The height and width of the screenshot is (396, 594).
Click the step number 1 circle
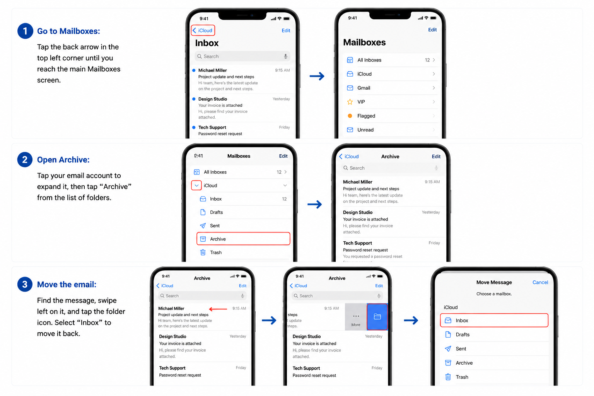(x=25, y=31)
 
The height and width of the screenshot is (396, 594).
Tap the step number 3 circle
(x=25, y=284)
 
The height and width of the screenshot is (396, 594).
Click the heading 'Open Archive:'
(x=63, y=160)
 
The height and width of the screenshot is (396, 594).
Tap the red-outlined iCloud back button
(x=203, y=30)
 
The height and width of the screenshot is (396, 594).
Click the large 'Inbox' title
(x=207, y=43)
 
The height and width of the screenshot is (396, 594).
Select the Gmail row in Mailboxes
(x=391, y=88)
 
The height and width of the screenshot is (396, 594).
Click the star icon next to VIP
(x=350, y=102)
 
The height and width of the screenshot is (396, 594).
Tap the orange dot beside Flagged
(x=350, y=116)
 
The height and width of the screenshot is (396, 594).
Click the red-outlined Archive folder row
(x=243, y=239)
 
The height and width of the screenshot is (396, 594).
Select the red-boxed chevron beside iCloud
(x=196, y=185)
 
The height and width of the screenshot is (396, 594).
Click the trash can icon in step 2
(x=203, y=252)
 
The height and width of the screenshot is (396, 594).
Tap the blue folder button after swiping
(x=377, y=317)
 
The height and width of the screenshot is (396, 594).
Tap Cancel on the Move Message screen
(x=540, y=282)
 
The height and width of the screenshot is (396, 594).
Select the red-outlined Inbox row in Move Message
(x=494, y=320)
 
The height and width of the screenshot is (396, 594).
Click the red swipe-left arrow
(x=218, y=309)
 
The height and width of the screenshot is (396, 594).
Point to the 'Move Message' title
(x=494, y=282)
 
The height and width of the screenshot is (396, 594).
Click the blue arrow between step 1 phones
(x=317, y=76)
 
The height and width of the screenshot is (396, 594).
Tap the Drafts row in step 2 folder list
(x=243, y=212)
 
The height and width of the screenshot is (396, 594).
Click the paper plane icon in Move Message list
(x=448, y=348)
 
